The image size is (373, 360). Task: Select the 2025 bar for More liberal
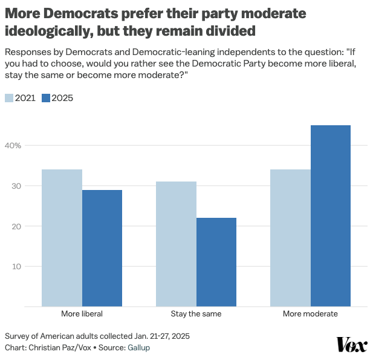[102, 248]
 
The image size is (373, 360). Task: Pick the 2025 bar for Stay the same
[216, 262]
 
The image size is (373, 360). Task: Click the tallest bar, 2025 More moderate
[331, 215]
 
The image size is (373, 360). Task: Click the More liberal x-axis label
[82, 315]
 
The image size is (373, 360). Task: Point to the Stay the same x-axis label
[196, 315]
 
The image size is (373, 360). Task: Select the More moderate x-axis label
[310, 315]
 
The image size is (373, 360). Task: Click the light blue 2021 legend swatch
[9, 98]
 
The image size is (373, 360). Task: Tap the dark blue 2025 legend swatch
[46, 98]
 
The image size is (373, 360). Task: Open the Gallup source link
[138, 348]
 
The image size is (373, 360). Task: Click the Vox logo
[351, 345]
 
